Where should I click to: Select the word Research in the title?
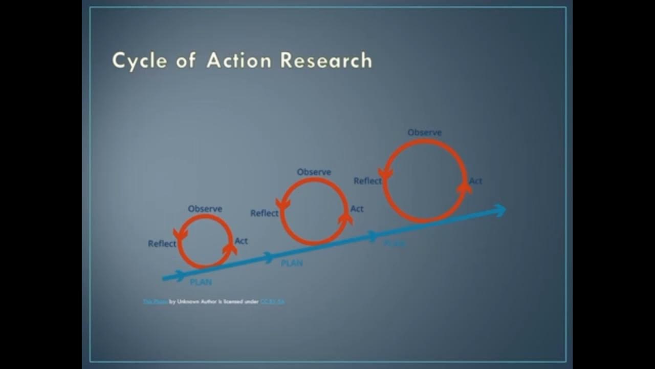tap(326, 60)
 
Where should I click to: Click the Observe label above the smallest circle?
tap(205, 209)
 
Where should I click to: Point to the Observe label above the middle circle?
tap(314, 172)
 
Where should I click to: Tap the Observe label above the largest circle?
tap(425, 133)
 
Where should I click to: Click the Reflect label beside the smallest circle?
tap(162, 243)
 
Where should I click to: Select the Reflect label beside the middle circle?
tap(264, 213)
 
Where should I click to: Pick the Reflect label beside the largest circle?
tap(367, 180)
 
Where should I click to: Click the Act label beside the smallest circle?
tap(241, 241)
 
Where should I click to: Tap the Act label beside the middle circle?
tap(357, 209)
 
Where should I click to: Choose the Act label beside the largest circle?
tap(475, 181)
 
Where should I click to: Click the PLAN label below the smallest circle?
tap(201, 282)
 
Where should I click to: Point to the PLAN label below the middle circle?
tap(292, 263)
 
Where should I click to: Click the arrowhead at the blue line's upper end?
tap(499, 210)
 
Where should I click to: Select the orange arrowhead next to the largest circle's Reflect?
tap(385, 174)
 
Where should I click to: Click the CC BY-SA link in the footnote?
tap(272, 302)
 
